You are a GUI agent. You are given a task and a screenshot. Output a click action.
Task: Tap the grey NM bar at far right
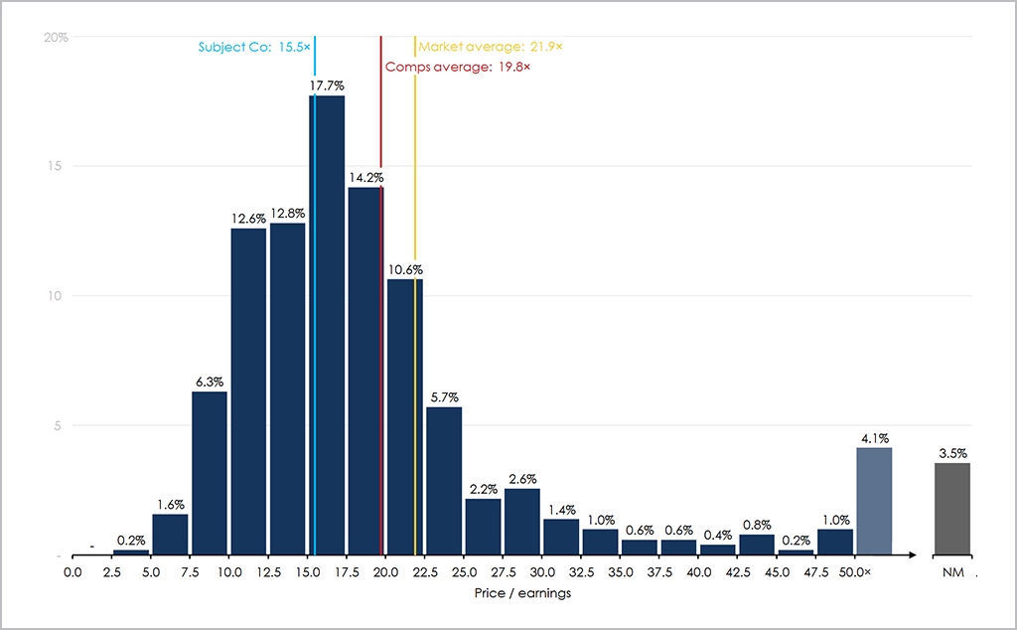click(952, 509)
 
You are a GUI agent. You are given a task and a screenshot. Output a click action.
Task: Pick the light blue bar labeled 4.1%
click(874, 501)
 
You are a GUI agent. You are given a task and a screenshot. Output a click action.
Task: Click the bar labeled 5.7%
click(444, 481)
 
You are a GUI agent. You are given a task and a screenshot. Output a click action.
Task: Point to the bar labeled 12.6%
click(248, 392)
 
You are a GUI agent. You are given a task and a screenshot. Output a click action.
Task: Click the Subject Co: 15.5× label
click(254, 47)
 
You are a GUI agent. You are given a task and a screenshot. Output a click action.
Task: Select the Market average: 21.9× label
click(491, 47)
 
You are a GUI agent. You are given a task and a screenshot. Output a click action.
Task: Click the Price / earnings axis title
click(522, 593)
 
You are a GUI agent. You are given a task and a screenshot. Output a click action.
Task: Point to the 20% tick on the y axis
click(56, 38)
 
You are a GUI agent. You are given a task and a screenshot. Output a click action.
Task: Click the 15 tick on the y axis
click(60, 167)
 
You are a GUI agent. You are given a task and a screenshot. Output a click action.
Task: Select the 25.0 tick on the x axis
click(464, 572)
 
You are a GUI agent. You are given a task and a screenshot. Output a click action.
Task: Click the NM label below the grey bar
click(951, 572)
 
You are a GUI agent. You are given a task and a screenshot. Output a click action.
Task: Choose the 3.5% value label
click(952, 454)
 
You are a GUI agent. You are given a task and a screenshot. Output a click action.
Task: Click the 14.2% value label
click(365, 179)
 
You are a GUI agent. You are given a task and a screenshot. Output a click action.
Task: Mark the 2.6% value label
click(522, 480)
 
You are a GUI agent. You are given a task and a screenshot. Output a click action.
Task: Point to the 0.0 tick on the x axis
click(73, 572)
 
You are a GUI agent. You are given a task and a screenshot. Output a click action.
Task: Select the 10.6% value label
click(404, 270)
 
